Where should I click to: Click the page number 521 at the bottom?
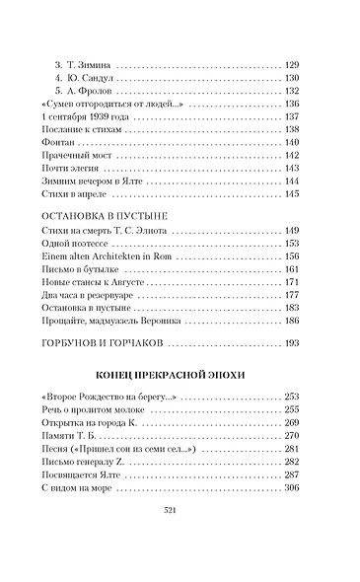point(180,539)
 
